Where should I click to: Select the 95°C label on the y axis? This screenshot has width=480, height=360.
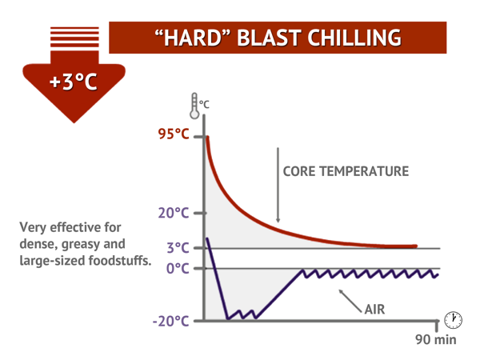coord(173,134)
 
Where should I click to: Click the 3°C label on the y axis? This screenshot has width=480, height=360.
coord(178,248)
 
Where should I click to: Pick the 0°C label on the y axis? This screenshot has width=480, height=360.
coord(178,268)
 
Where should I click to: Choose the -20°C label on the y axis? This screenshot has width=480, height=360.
coord(171,321)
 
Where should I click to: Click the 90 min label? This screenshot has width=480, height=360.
coord(434,339)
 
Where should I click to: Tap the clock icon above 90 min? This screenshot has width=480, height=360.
coord(453,319)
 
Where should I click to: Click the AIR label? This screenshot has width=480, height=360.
coord(376,306)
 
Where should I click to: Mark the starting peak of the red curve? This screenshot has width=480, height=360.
coord(207,138)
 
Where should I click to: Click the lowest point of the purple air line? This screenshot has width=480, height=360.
coord(227,318)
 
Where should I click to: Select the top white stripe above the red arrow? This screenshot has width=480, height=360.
coord(74,29)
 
